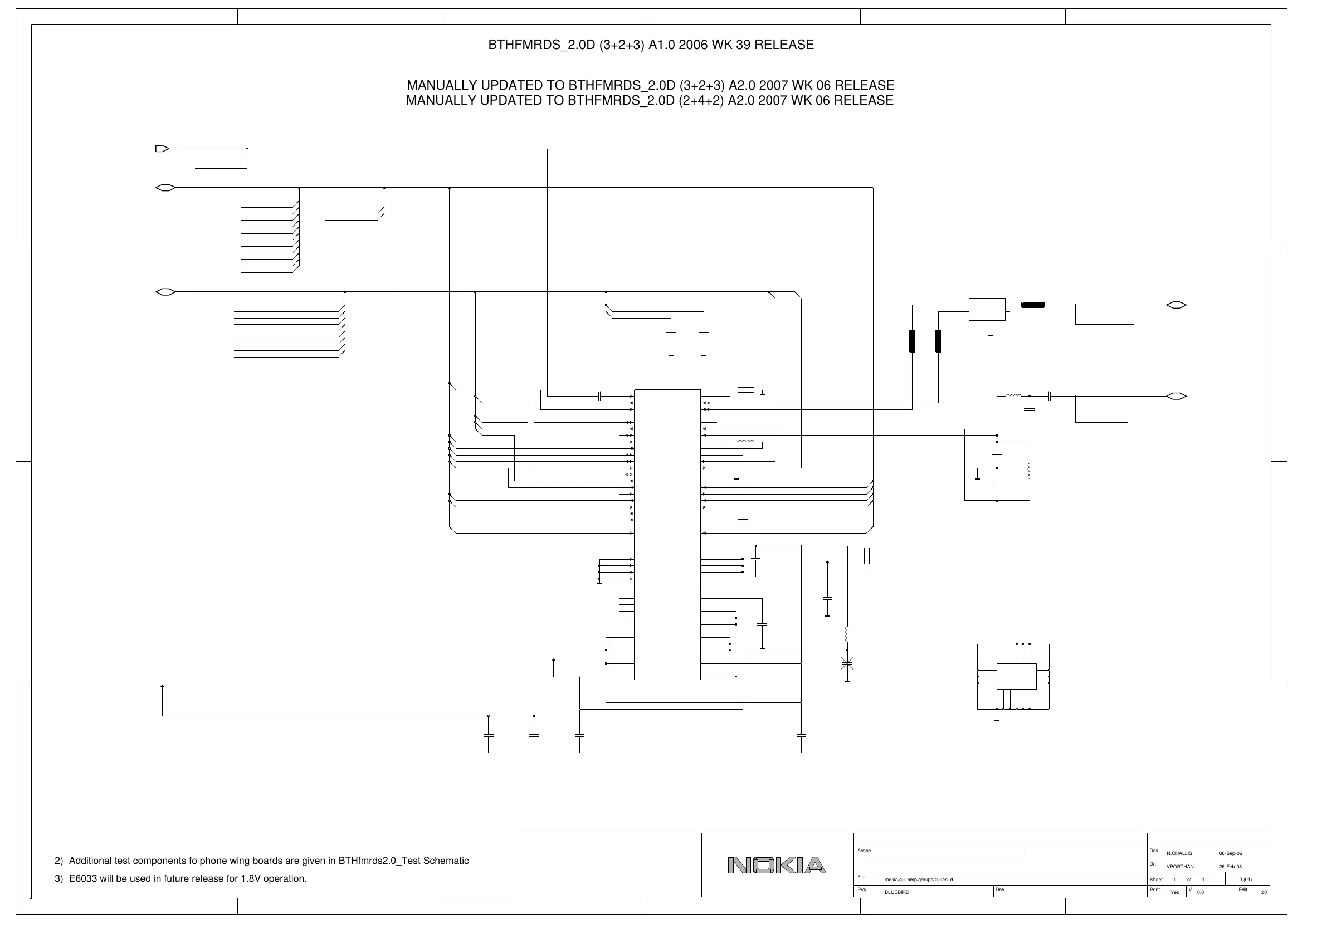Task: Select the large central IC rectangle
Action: [667, 535]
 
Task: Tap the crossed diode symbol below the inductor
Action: [847, 663]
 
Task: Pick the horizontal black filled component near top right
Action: [1033, 305]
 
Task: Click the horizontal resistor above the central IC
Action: [745, 389]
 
